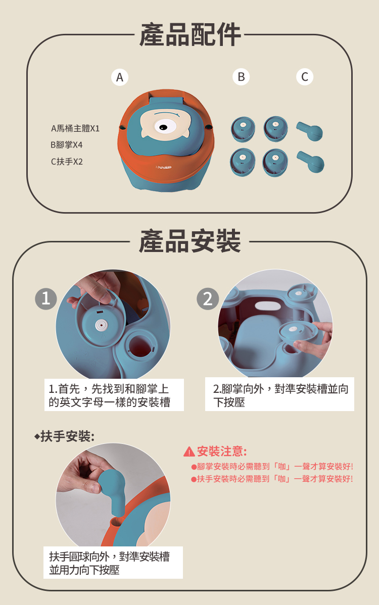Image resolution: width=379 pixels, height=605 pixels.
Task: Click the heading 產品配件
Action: [x=190, y=35]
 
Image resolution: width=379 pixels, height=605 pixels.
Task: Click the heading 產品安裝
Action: [x=190, y=241]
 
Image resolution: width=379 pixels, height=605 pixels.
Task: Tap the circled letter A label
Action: [x=120, y=77]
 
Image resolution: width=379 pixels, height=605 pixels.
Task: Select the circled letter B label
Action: [x=241, y=77]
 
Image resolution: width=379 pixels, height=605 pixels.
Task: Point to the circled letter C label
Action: [x=305, y=77]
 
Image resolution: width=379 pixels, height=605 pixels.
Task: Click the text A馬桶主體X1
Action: [x=75, y=128]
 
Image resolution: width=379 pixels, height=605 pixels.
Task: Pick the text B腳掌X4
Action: [x=66, y=145]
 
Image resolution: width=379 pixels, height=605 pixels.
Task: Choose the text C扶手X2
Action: [x=67, y=162]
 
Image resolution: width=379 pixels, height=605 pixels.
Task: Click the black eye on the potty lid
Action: [x=163, y=127]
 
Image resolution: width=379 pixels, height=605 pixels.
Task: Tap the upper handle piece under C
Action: [x=310, y=131]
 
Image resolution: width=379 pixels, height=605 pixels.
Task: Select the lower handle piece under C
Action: [x=311, y=162]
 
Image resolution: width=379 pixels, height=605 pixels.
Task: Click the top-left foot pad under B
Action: [x=243, y=129]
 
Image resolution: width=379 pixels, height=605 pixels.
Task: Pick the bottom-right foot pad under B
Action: [x=275, y=163]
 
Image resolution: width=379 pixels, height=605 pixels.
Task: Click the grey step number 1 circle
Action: [x=46, y=298]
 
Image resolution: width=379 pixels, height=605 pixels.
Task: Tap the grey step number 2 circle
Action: [x=208, y=298]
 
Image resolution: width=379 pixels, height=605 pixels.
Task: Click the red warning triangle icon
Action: [x=189, y=451]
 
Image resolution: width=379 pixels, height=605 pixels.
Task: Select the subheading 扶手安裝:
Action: [x=65, y=436]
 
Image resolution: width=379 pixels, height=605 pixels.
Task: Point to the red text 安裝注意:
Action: [x=222, y=451]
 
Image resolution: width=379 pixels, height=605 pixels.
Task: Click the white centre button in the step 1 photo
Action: [x=102, y=325]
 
